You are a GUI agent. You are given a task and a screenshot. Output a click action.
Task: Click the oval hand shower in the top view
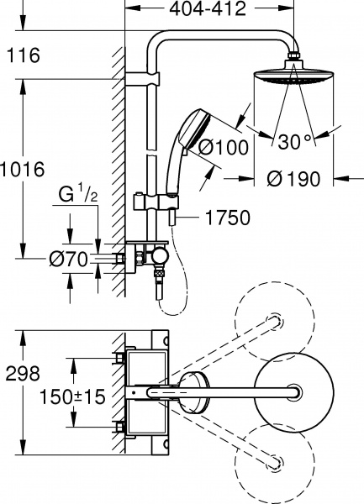[195, 391]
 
